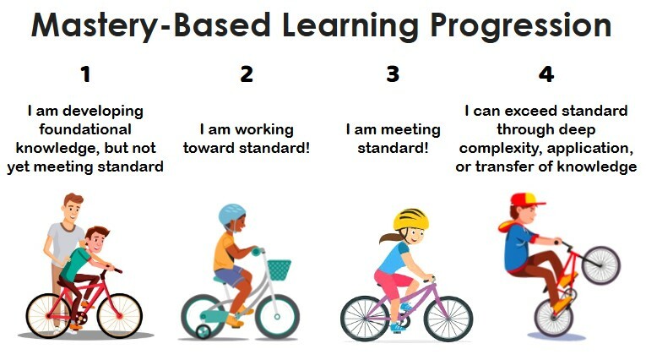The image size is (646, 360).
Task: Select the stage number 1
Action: tap(84, 74)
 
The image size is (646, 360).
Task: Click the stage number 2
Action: tap(247, 74)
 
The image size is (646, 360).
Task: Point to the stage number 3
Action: tap(393, 74)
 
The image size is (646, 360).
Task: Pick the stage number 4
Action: tap(546, 74)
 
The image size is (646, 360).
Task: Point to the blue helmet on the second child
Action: tap(231, 215)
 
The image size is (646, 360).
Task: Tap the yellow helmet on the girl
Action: tap(411, 220)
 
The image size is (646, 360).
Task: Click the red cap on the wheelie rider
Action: tap(526, 200)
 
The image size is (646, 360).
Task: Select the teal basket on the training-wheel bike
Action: tap(279, 270)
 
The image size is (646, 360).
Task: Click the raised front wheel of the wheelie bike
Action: tap(600, 264)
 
